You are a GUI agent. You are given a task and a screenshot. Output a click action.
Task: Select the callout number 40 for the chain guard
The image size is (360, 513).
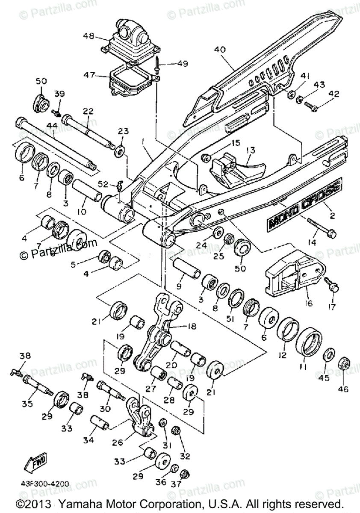tap(220, 49)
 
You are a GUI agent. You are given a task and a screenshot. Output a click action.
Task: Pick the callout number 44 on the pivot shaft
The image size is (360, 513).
tap(52, 126)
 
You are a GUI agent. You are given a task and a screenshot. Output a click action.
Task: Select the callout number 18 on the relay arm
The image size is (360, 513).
tap(191, 327)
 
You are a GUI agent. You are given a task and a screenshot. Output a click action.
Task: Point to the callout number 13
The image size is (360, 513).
tap(250, 150)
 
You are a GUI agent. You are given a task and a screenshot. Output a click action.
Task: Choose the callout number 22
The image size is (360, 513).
tap(88, 111)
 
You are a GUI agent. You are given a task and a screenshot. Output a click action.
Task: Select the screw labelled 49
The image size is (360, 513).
tap(159, 66)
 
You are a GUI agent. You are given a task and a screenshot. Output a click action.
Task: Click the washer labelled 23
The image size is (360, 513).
tap(121, 150)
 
